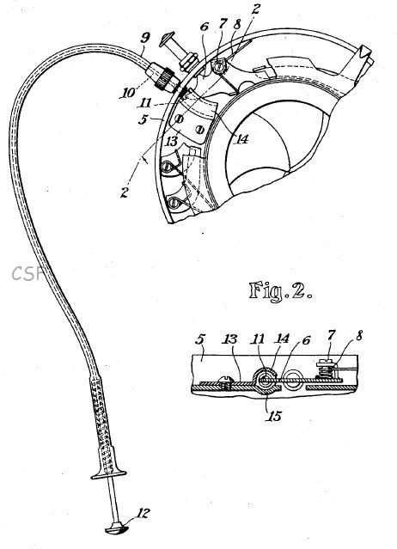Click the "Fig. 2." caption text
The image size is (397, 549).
coord(280,291)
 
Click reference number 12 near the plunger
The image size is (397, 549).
coord(143,514)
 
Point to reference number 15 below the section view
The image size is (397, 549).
coord(274,416)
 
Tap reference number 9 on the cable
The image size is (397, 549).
coord(145,38)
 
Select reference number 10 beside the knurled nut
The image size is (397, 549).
coord(129,93)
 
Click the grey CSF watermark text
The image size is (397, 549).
coord(27,273)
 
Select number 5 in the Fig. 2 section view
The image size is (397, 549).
coord(200,340)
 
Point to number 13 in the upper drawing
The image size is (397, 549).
coord(172,142)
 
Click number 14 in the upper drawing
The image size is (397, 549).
coord(242,139)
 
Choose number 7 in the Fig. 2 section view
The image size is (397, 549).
coord(331,335)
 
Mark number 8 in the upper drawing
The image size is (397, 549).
coord(238,25)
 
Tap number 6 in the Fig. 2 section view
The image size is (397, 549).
coord(306,340)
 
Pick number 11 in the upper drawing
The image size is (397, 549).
coord(144,103)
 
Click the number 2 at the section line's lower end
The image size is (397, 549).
coord(125,192)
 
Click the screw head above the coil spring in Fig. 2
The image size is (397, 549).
coord(325,363)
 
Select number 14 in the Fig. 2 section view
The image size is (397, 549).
coord(283,339)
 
